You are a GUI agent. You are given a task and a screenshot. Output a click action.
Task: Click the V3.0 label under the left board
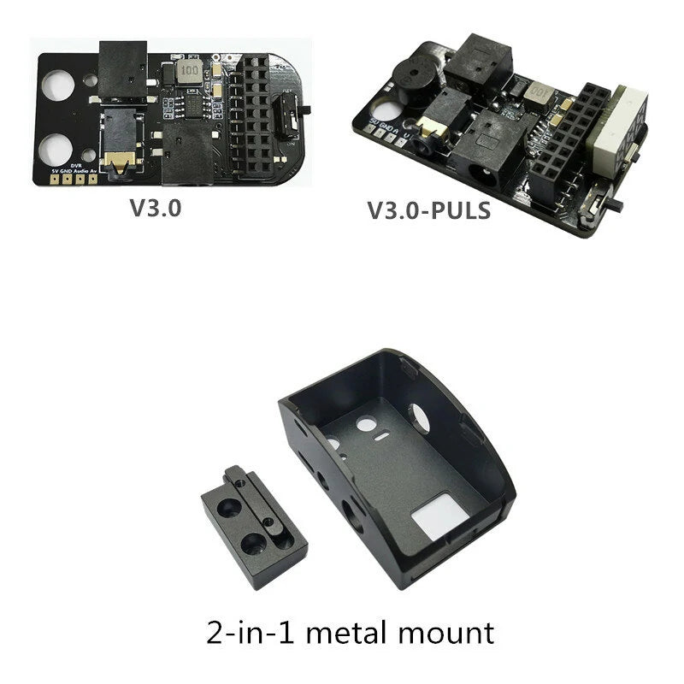point(155,208)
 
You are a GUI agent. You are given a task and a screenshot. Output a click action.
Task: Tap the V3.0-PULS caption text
point(428,210)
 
